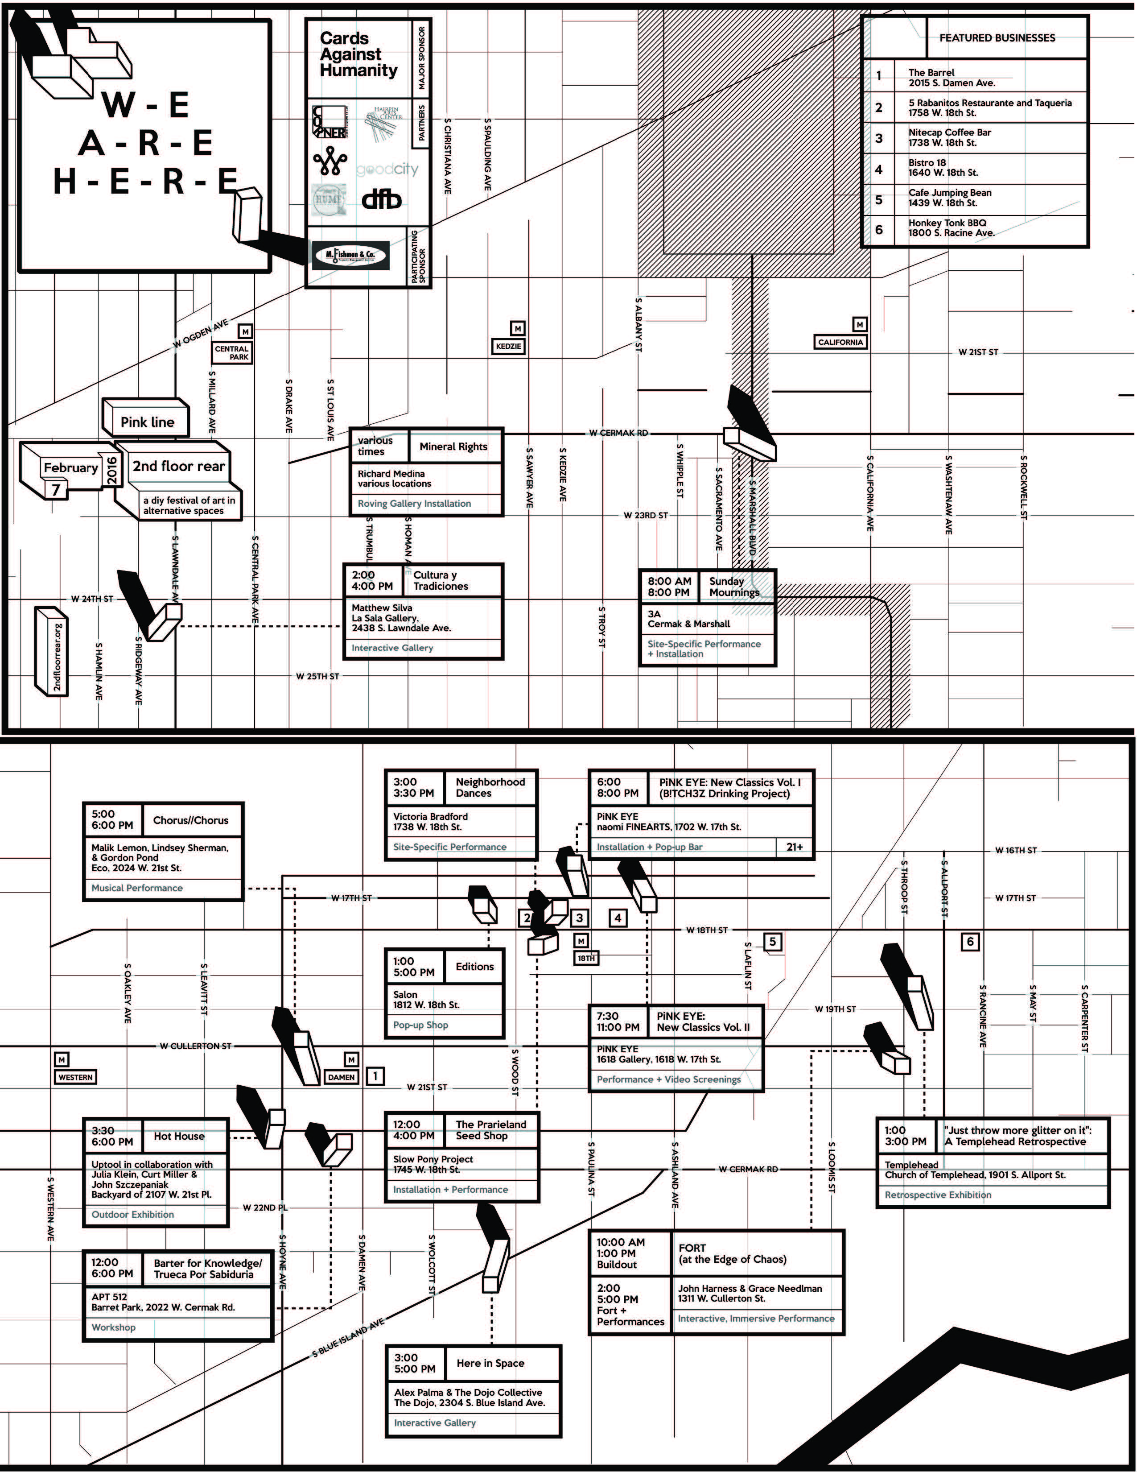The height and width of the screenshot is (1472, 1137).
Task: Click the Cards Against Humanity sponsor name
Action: [x=358, y=54]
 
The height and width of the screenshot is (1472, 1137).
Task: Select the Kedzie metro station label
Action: [x=509, y=346]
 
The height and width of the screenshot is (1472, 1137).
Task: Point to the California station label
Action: [x=840, y=342]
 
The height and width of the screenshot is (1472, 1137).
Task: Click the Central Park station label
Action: [x=232, y=352]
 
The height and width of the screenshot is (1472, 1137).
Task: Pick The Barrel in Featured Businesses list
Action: [x=951, y=78]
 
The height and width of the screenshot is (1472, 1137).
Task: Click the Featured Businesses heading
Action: [x=997, y=38]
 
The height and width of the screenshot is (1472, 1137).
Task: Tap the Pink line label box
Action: [x=147, y=422]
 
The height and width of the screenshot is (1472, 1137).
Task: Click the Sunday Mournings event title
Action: [x=733, y=587]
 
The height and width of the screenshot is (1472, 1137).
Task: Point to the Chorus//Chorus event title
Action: [x=191, y=820]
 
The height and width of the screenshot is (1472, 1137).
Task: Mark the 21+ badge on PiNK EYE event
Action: [x=795, y=847]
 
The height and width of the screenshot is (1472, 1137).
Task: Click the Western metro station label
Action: [x=75, y=1077]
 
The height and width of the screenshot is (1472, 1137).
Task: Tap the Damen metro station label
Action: [x=342, y=1077]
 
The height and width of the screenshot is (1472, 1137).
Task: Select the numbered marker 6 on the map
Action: [x=970, y=942]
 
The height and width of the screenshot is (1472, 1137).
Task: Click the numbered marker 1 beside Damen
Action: [x=375, y=1076]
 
